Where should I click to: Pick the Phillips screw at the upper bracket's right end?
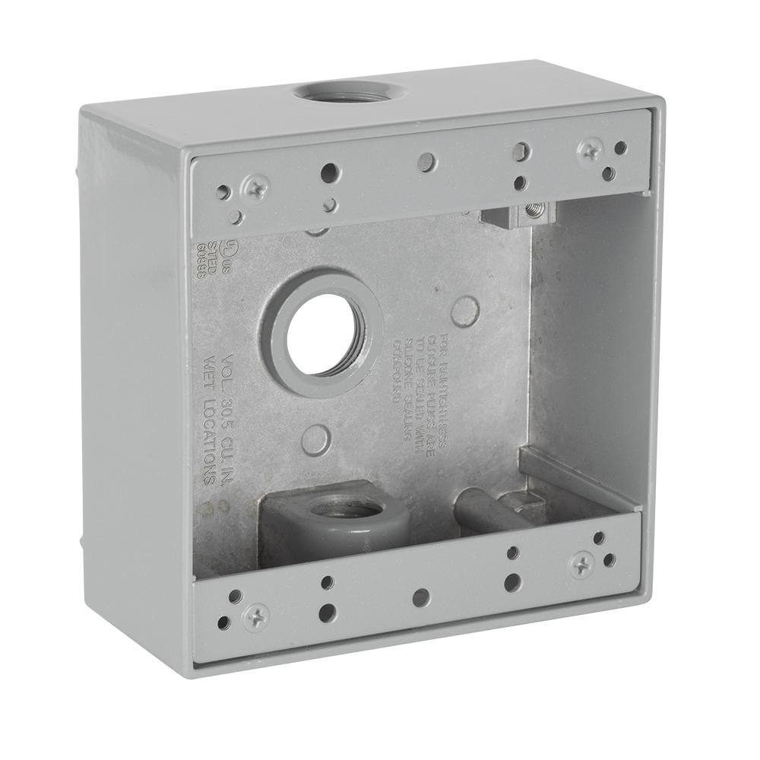pyautogui.click(x=589, y=150)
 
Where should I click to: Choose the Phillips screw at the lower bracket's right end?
pyautogui.click(x=581, y=563)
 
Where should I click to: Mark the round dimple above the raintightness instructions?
pyautogui.click(x=464, y=310)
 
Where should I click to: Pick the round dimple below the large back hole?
pyautogui.click(x=316, y=439)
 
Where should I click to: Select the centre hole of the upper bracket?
pyautogui.click(x=427, y=161)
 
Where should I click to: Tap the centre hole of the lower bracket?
pyautogui.click(x=420, y=597)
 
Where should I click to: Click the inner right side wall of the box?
pyautogui.click(x=589, y=342)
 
